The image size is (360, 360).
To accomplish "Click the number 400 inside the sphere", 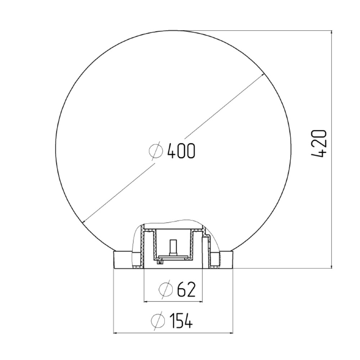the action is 181,151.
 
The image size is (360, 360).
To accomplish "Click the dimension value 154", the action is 181,320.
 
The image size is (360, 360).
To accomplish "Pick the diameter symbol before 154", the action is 158,320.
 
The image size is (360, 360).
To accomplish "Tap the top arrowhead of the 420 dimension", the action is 331,33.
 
